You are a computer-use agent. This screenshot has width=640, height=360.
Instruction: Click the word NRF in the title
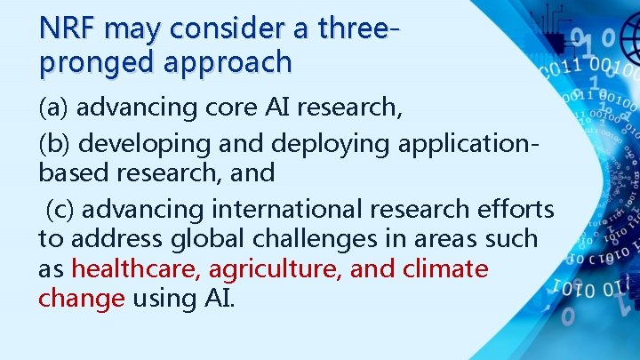point(68,28)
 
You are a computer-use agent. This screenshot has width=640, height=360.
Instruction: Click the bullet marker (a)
point(54,108)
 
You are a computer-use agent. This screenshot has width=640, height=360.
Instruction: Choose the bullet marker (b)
point(54,141)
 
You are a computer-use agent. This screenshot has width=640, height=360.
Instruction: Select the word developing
point(146,142)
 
